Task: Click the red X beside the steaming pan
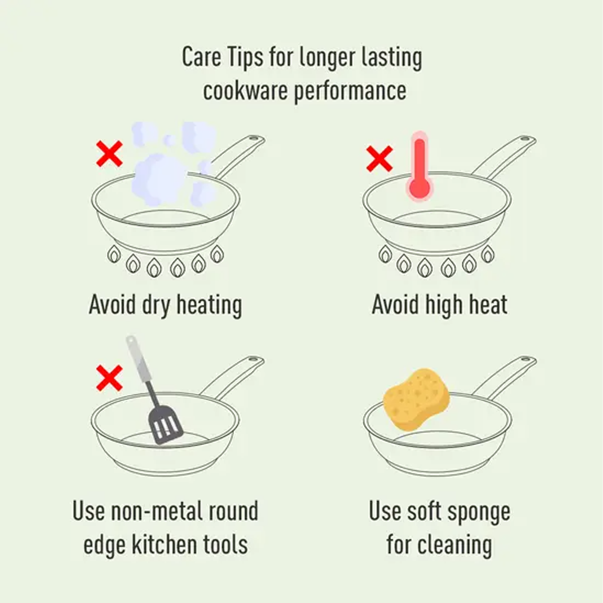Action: coord(109,154)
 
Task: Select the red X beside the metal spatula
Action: coord(109,379)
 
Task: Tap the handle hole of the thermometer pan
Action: coord(524,142)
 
